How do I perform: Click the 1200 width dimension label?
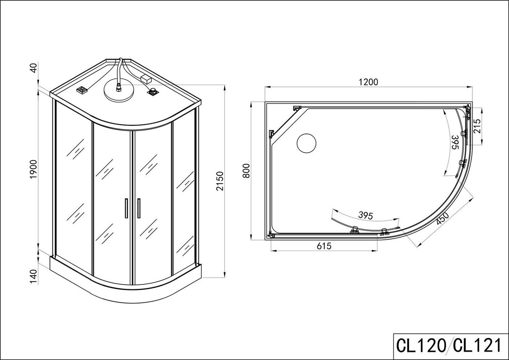[x=369, y=82]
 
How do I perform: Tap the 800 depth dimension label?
[x=246, y=171]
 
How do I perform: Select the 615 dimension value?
[x=324, y=246]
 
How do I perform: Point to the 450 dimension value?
[x=442, y=218]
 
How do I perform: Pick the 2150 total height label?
[x=220, y=181]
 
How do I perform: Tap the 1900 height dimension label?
[x=33, y=169]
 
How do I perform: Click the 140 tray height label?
[x=33, y=277]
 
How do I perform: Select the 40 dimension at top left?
[x=33, y=68]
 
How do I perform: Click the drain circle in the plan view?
[x=306, y=143]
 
